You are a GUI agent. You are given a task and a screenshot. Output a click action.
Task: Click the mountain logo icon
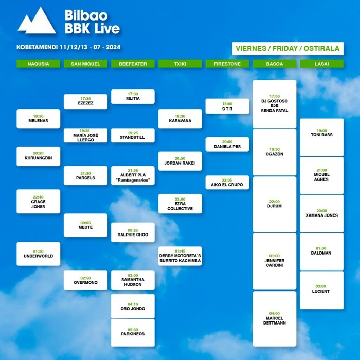pos(37,21)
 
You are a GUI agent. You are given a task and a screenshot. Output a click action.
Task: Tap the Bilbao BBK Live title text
pos(92,22)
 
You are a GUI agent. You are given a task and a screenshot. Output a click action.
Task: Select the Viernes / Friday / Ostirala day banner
pos(287,48)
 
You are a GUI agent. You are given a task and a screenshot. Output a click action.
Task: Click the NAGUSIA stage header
pos(39,64)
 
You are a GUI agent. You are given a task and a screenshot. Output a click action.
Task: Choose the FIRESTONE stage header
pos(227,64)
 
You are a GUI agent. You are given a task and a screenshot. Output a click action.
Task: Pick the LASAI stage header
pos(321,64)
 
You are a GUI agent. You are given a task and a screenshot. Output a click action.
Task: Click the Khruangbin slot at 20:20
pos(39,156)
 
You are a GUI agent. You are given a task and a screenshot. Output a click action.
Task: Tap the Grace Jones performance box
pos(39,202)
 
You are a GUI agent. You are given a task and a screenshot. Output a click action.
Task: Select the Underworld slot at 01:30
pos(39,254)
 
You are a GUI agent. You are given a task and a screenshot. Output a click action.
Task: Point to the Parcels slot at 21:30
pos(85,175)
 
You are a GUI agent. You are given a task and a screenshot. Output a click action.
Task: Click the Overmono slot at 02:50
pos(85,280)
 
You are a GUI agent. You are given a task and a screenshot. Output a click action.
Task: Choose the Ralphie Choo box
pos(133,232)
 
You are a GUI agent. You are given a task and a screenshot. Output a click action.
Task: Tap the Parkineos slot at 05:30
pos(133,333)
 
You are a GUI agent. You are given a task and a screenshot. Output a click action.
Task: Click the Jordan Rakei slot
pos(180,161)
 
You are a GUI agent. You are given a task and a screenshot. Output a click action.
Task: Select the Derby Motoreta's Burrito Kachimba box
pos(180,256)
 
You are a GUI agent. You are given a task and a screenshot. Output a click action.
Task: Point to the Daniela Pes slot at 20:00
pos(227,145)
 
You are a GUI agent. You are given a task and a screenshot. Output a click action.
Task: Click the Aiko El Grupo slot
pos(227,183)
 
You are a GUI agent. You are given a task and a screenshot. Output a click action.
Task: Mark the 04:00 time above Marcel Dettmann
pos(275,313)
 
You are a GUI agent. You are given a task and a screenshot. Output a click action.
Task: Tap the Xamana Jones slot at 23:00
pos(321,213)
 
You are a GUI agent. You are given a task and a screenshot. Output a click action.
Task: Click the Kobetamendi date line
pos(68,47)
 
